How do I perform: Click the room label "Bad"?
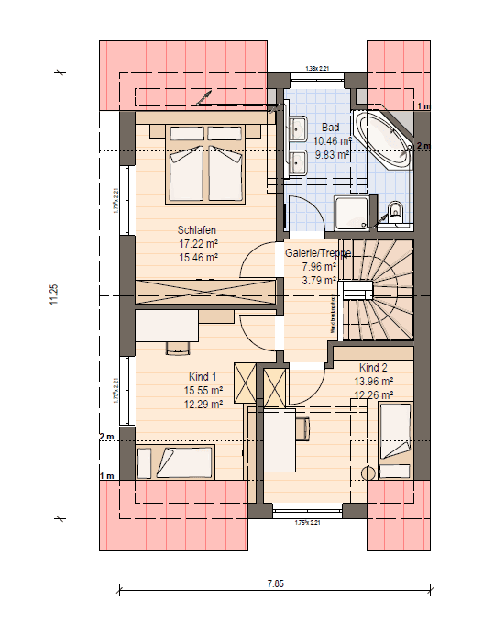pyautogui.click(x=330, y=128)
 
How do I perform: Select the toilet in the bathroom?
pyautogui.click(x=394, y=212)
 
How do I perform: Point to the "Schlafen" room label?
pyautogui.click(x=198, y=230)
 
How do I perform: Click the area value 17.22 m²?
pyautogui.click(x=198, y=245)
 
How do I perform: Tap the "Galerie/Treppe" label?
pyautogui.click(x=317, y=254)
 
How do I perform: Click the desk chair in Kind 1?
pyautogui.click(x=177, y=347)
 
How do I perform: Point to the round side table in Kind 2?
pyautogui.click(x=368, y=473)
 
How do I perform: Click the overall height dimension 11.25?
pyautogui.click(x=54, y=294)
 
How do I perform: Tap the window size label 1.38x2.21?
pyautogui.click(x=317, y=69)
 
